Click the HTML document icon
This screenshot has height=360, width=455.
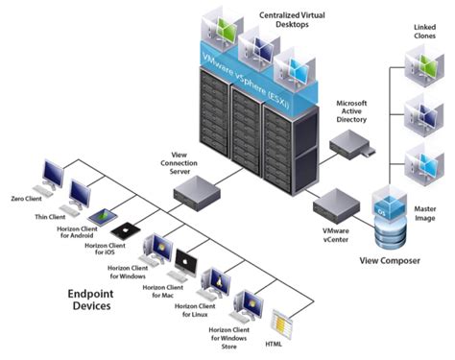(282, 322)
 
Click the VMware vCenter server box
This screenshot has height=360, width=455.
(336, 204)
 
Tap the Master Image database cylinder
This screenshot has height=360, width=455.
(395, 224)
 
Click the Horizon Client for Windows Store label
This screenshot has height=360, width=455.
(229, 336)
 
